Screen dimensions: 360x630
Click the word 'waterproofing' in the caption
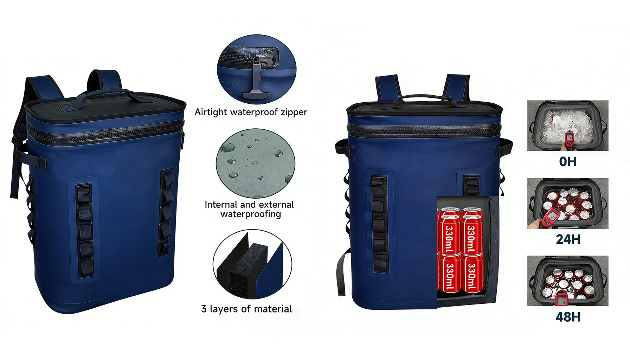click(251, 214)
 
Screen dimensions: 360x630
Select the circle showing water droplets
click(256, 163)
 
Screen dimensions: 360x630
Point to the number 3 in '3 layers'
click(204, 309)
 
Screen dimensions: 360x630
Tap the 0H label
click(568, 162)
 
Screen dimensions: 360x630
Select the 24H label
click(568, 239)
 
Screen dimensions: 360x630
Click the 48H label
click(568, 317)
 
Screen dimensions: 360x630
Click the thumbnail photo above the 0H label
click(568, 126)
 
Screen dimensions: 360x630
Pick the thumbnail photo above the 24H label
click(568, 203)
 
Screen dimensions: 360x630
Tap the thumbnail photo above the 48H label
click(568, 281)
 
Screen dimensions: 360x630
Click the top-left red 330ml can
click(450, 234)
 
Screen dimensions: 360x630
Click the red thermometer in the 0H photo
click(568, 138)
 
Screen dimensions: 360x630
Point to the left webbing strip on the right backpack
click(380, 225)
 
